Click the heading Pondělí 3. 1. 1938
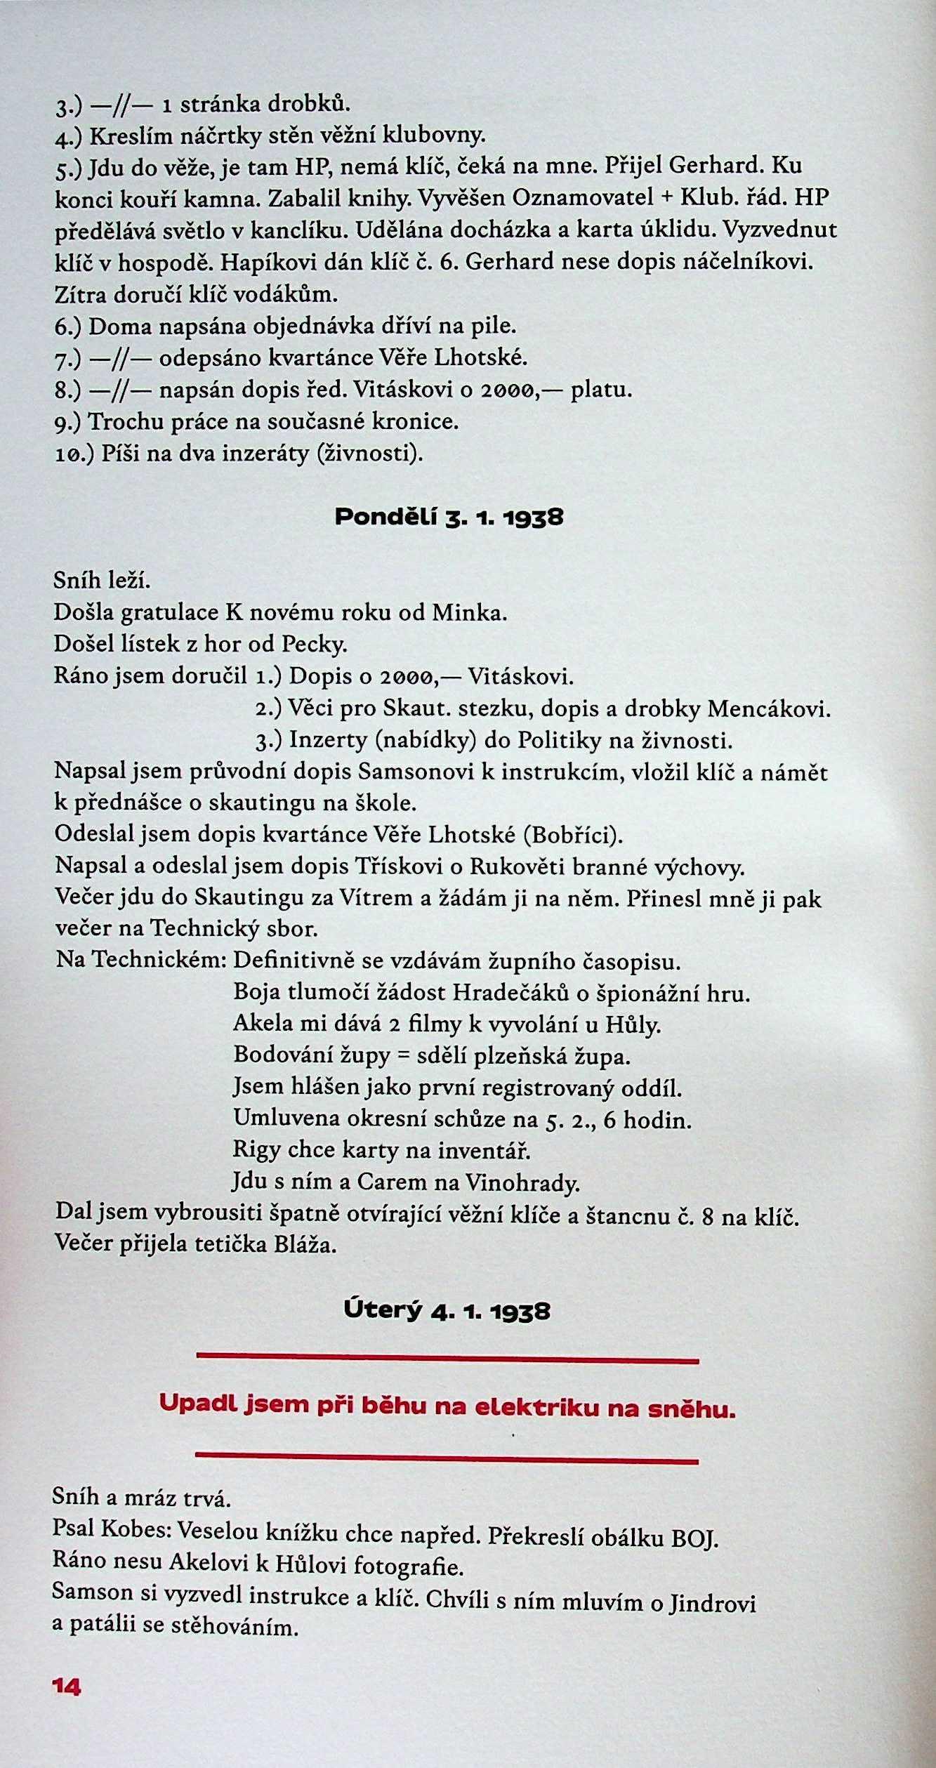click(449, 517)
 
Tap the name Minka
click(468, 613)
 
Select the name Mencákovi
click(769, 708)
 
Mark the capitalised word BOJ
click(695, 1533)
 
